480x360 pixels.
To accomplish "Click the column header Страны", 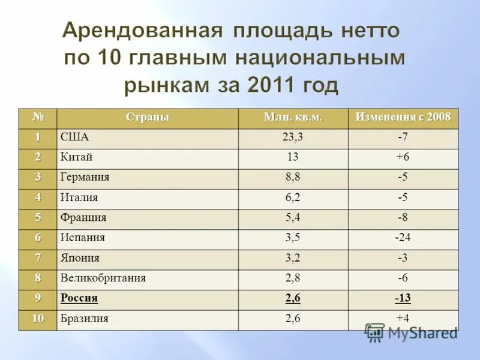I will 147,117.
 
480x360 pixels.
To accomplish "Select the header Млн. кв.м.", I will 293,117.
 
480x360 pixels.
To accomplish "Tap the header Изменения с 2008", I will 403,117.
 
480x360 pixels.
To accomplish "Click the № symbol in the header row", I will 38,117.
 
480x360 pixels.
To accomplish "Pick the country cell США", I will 74,137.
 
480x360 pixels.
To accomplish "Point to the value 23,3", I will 293,137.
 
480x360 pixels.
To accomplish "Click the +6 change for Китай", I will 403,157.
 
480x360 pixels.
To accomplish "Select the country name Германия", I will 85,178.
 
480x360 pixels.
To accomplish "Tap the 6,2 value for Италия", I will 293,197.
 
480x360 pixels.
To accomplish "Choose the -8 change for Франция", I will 403,218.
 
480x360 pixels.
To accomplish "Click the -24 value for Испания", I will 403,238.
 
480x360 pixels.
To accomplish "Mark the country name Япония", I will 80,258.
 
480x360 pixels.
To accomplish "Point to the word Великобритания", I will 103,278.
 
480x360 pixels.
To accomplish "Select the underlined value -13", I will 403,298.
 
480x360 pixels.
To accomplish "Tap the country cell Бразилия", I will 84,319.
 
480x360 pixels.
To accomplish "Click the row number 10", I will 38,319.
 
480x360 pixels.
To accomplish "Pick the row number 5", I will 38,218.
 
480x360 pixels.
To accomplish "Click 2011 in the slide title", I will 269,85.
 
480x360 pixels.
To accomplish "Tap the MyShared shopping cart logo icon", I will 375,332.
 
